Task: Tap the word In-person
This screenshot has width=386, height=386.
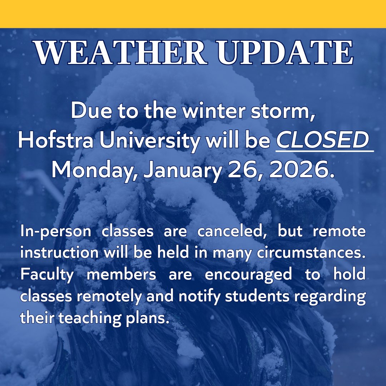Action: tap(55, 232)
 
